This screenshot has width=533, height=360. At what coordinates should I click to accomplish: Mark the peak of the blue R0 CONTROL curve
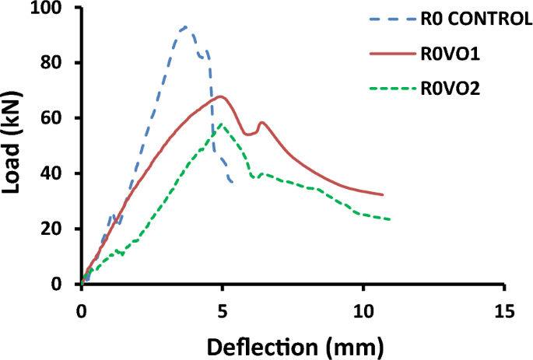click(185, 27)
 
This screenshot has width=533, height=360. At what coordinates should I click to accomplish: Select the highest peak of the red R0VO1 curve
click(222, 96)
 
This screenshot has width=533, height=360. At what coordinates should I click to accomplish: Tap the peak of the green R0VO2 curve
click(222, 124)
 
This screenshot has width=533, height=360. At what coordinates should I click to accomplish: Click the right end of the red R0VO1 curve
click(383, 194)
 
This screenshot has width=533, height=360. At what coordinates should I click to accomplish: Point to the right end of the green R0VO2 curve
click(390, 219)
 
